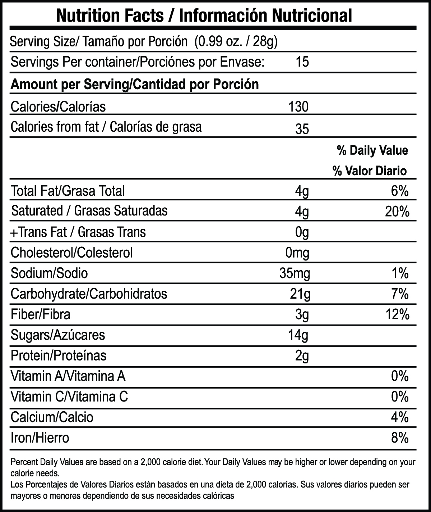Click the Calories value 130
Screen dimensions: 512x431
pyautogui.click(x=298, y=107)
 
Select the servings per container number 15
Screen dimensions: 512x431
pyautogui.click(x=302, y=62)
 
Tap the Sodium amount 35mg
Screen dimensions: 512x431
pyautogui.click(x=295, y=273)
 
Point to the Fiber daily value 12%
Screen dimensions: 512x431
pyautogui.click(x=397, y=315)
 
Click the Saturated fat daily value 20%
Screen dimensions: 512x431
pyautogui.click(x=397, y=212)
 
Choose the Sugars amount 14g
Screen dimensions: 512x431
pyautogui.click(x=298, y=335)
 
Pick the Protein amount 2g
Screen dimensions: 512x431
pyautogui.click(x=302, y=356)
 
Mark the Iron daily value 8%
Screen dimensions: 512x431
pyautogui.click(x=400, y=438)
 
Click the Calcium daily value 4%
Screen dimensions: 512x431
pyautogui.click(x=400, y=417)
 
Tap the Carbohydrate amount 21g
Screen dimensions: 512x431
pyautogui.click(x=300, y=294)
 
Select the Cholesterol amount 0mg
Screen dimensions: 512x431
pyautogui.click(x=297, y=253)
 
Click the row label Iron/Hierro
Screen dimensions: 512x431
pyautogui.click(x=40, y=438)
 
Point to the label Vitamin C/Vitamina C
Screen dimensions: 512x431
pyautogui.click(x=69, y=397)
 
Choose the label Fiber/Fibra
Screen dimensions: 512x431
pyautogui.click(x=41, y=314)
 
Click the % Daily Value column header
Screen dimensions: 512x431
pyautogui.click(x=372, y=150)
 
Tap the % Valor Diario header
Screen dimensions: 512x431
pyautogui.click(x=370, y=171)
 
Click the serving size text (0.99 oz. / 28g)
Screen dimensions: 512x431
pyautogui.click(x=236, y=42)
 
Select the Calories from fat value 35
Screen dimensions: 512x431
pyautogui.click(x=302, y=129)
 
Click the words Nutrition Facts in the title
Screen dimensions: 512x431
pyautogui.click(x=110, y=16)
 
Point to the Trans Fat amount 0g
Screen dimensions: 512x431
pyautogui.click(x=302, y=232)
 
